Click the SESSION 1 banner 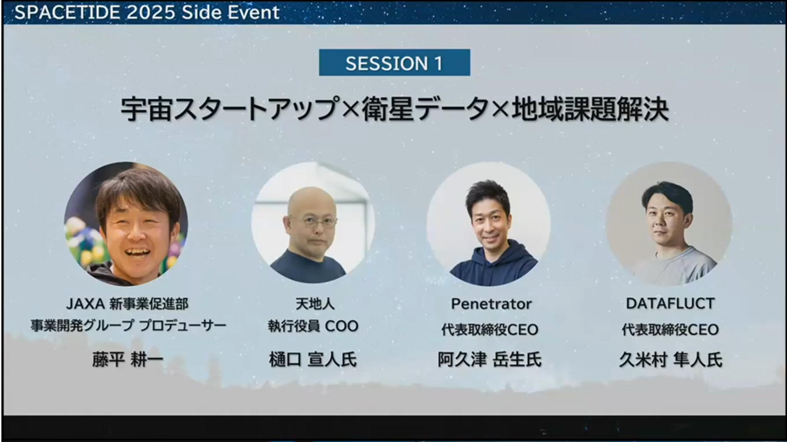[x=394, y=63]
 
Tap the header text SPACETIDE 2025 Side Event [x=147, y=12]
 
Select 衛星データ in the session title [x=425, y=109]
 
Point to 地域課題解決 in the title [x=590, y=109]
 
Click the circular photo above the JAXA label [x=126, y=224]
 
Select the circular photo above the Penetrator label [x=489, y=224]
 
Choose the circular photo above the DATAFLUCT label [x=669, y=223]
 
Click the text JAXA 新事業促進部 [x=127, y=304]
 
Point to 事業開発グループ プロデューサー [x=128, y=325]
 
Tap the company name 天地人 [x=315, y=304]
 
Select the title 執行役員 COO [x=313, y=326]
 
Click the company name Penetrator [x=491, y=304]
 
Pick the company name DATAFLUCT [x=670, y=303]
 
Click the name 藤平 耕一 [x=127, y=360]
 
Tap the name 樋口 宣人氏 [x=313, y=360]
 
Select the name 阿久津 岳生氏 [x=490, y=360]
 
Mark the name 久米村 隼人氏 [x=671, y=360]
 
